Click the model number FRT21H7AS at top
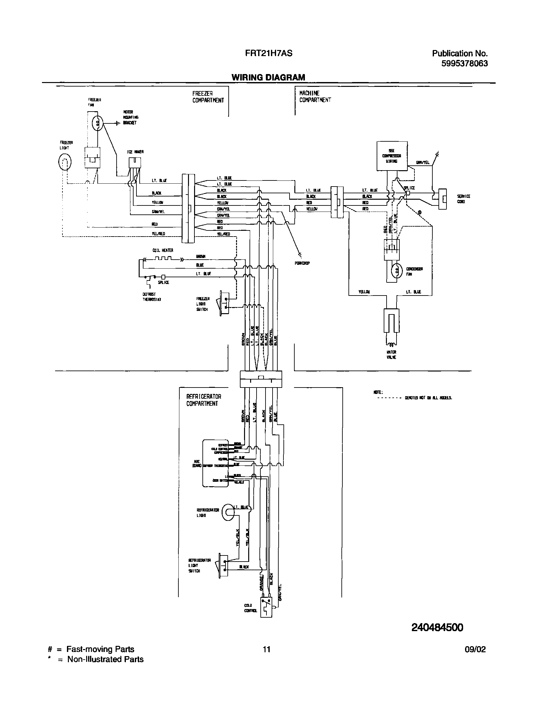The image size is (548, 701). pos(268,53)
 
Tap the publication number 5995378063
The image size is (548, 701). pos(464,63)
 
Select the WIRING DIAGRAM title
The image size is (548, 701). pos(268,77)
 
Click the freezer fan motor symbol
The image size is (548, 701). pos(98,123)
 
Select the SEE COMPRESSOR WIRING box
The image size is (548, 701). pos(392,156)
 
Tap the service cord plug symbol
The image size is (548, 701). pos(442,199)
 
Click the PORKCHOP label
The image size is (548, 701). pos(302,263)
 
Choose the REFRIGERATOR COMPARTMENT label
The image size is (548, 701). pos(204,400)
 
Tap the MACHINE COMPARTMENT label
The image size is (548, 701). pos(315,96)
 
